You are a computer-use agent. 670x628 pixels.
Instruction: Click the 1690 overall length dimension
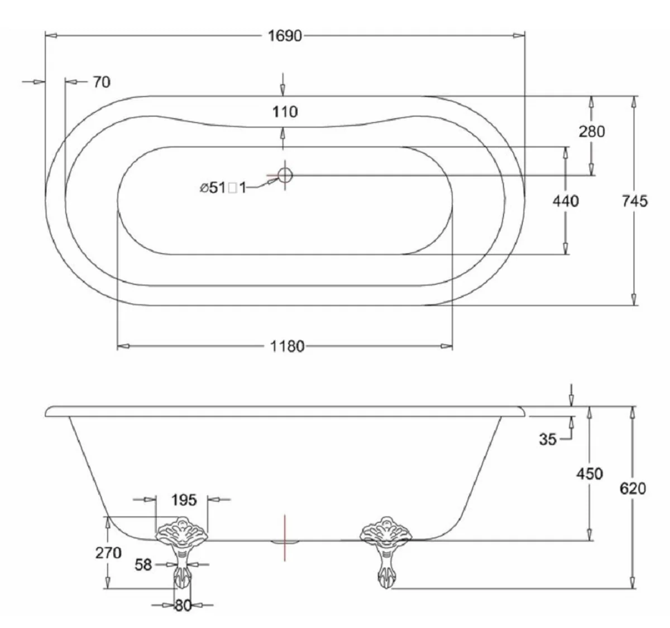tap(285, 36)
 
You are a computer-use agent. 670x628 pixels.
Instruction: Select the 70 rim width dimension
tap(101, 82)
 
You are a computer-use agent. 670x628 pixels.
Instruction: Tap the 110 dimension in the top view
tap(285, 112)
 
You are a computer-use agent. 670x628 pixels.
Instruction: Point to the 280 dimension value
tap(592, 132)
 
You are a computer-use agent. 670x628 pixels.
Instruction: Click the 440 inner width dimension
tap(565, 200)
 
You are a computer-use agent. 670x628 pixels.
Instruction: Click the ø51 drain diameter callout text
tap(223, 188)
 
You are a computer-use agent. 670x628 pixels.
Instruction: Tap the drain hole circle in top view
tap(285, 175)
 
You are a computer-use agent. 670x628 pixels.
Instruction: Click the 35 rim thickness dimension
tap(548, 439)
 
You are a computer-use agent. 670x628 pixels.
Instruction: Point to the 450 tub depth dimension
tap(590, 474)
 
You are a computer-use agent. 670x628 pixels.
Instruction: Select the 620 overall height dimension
tap(633, 488)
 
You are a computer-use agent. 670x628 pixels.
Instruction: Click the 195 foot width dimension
tap(184, 500)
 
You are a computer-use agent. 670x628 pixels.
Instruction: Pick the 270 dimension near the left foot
tap(108, 553)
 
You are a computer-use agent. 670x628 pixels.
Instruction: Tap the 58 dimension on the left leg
tap(143, 564)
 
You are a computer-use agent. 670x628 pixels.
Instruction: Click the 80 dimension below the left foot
tap(183, 605)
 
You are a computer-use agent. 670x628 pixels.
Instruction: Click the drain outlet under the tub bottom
tap(285, 541)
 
